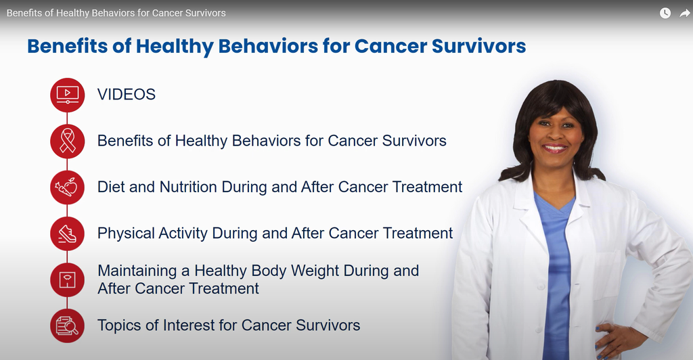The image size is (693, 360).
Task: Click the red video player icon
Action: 67,95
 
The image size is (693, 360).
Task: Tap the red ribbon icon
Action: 67,141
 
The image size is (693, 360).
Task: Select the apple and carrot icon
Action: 67,187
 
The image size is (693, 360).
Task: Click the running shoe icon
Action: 67,234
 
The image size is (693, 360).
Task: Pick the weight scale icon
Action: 67,279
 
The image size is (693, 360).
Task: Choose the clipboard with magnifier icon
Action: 67,325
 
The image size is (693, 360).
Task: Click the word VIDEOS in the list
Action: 127,95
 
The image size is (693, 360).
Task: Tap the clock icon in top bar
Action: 665,13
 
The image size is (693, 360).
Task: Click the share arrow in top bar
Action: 684,13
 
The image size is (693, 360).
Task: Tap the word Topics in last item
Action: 119,325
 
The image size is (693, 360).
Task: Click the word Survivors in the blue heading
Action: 478,46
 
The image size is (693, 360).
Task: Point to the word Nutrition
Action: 190,187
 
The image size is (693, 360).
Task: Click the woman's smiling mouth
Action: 555,148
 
